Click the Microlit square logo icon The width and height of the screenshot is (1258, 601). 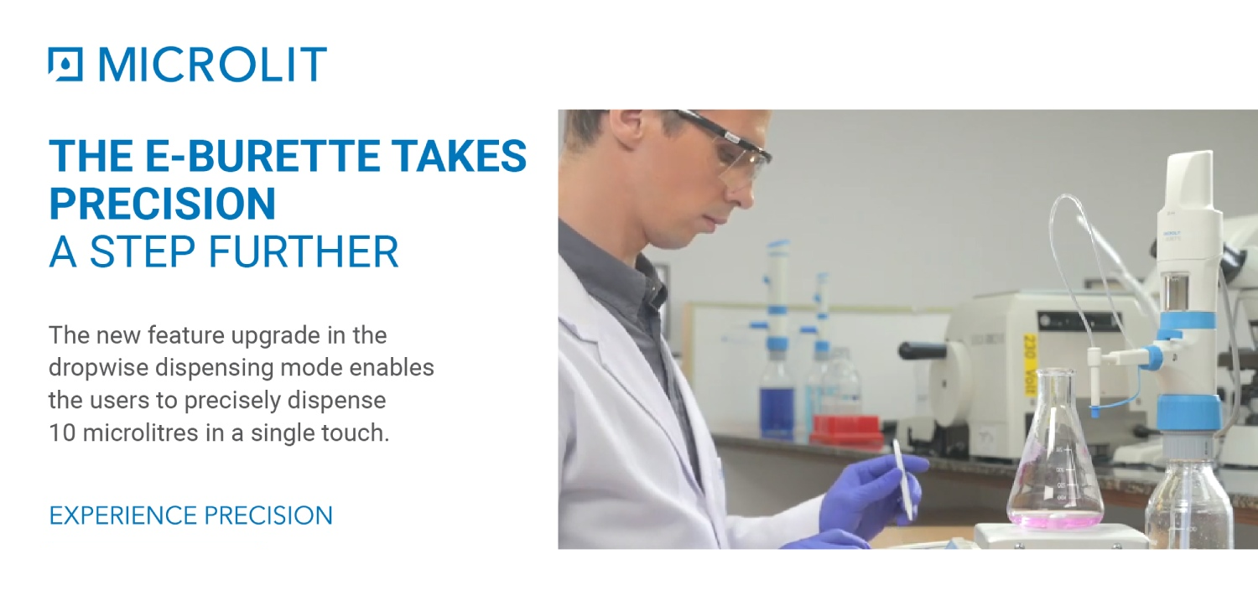(x=65, y=64)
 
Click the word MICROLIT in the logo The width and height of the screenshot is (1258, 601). (x=212, y=64)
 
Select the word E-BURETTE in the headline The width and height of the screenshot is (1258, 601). (x=263, y=155)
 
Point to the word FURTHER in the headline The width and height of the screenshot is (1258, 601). (x=304, y=251)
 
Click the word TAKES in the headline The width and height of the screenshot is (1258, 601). (x=459, y=155)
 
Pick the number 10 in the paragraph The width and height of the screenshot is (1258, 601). (x=62, y=433)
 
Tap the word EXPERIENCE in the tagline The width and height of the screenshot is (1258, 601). (x=123, y=516)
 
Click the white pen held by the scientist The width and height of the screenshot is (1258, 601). (x=902, y=479)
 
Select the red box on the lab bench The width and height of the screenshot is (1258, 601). (x=846, y=429)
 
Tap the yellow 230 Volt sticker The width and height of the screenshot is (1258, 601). (x=1029, y=365)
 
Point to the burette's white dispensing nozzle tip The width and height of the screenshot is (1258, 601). (x=1095, y=412)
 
